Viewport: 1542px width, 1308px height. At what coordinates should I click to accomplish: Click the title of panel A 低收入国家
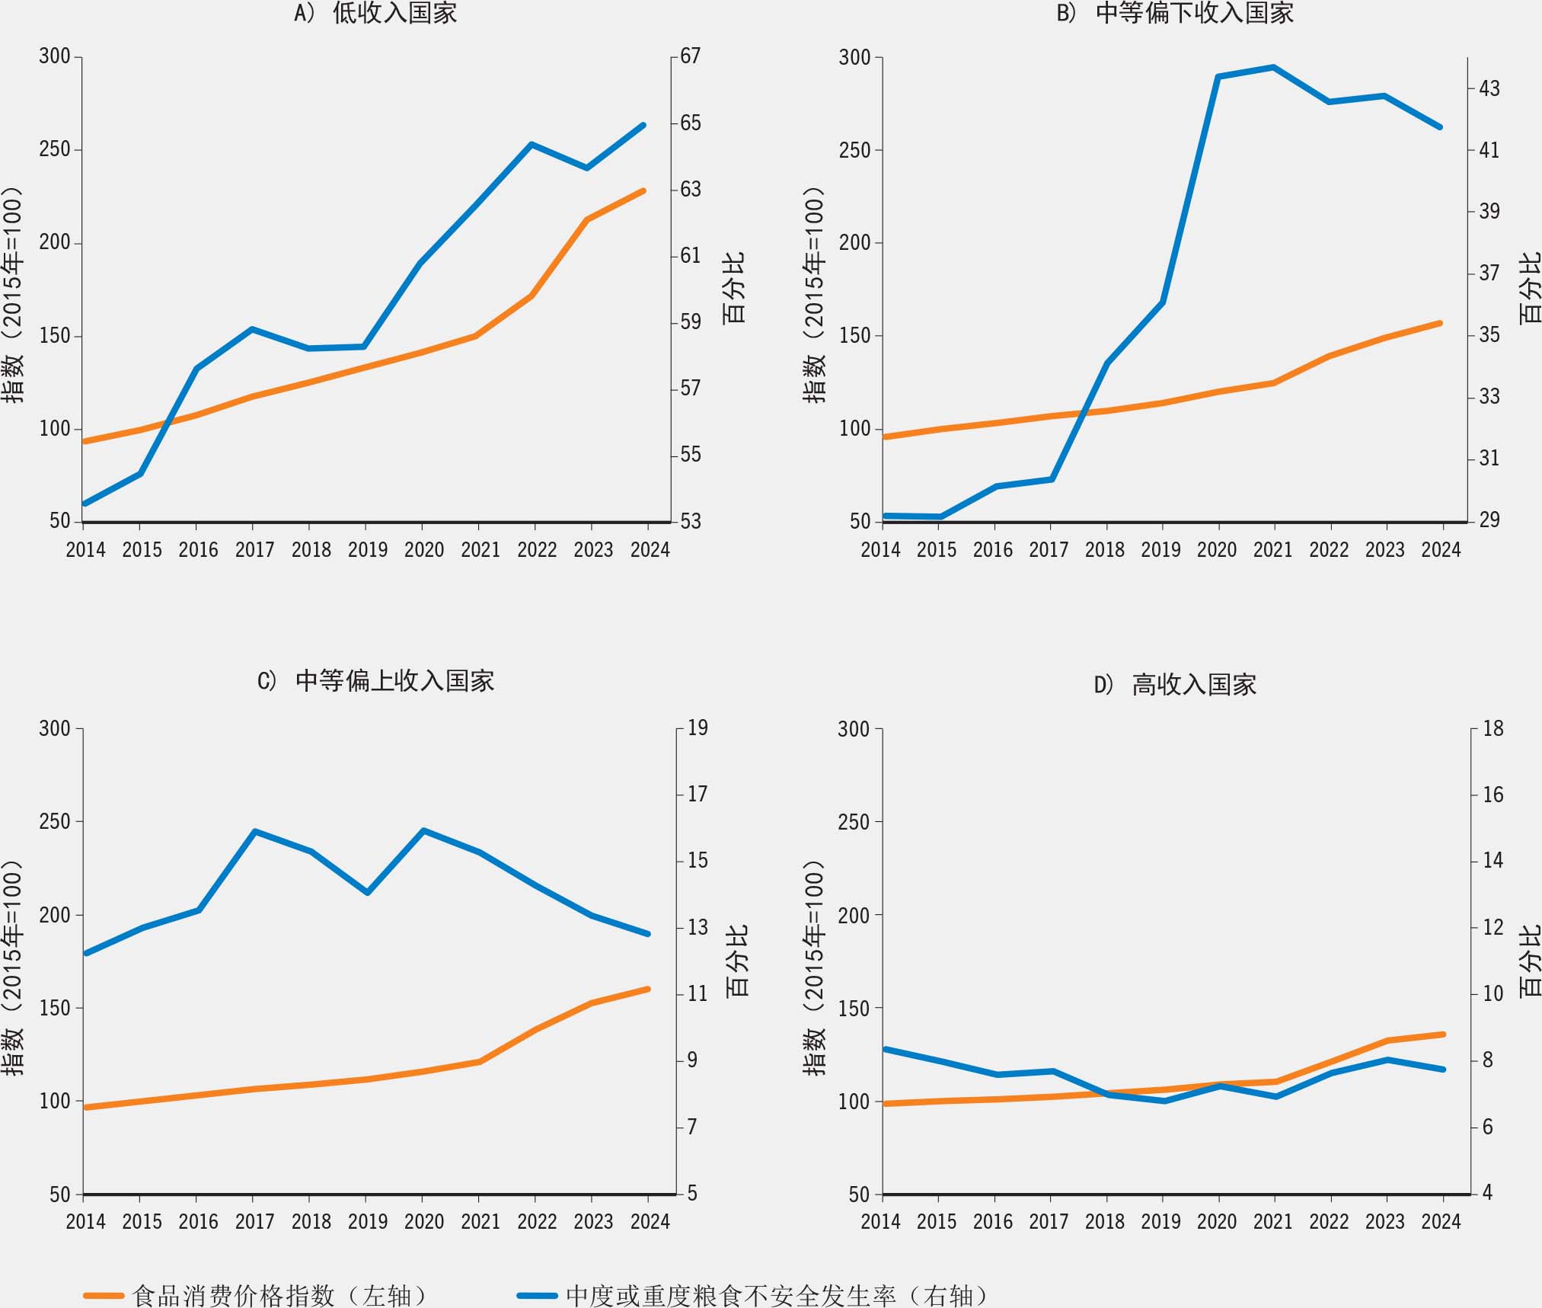pos(376,13)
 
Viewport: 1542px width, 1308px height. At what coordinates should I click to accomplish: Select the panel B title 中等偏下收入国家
pos(1176,13)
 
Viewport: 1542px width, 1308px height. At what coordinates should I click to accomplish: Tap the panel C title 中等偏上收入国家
pos(376,680)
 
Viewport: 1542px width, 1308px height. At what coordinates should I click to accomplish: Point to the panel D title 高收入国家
pos(1176,684)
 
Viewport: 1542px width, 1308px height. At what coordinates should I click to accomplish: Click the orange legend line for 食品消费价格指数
pos(104,1295)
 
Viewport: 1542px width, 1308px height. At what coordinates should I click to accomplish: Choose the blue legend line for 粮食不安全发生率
pos(537,1295)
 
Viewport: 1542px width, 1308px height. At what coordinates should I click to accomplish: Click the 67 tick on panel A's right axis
pos(690,56)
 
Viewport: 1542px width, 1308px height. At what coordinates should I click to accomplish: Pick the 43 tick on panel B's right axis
pos(1489,89)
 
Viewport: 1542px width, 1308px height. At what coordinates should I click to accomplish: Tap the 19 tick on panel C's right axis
pos(698,728)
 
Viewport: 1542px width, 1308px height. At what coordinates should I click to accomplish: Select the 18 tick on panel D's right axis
pos(1493,729)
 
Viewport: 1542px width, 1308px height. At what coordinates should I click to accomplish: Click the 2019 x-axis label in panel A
pos(368,550)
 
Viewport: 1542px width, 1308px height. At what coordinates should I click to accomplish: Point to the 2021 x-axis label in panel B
pos(1273,550)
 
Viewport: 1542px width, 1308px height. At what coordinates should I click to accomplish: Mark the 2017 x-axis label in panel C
pos(254,1222)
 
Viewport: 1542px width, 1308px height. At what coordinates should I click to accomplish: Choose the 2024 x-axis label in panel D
pos(1441,1222)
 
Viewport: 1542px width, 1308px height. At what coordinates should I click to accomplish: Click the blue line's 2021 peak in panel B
pos(1274,67)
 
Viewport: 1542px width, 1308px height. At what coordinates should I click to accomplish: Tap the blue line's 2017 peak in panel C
pos(254,831)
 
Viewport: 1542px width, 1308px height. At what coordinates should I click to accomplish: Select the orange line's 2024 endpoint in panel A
pos(643,190)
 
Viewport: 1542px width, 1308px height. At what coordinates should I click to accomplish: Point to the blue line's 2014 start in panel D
pos(885,1049)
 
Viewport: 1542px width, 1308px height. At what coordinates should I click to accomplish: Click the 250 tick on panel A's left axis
pos(55,149)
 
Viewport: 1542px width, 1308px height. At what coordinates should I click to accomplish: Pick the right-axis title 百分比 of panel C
pos(737,961)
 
